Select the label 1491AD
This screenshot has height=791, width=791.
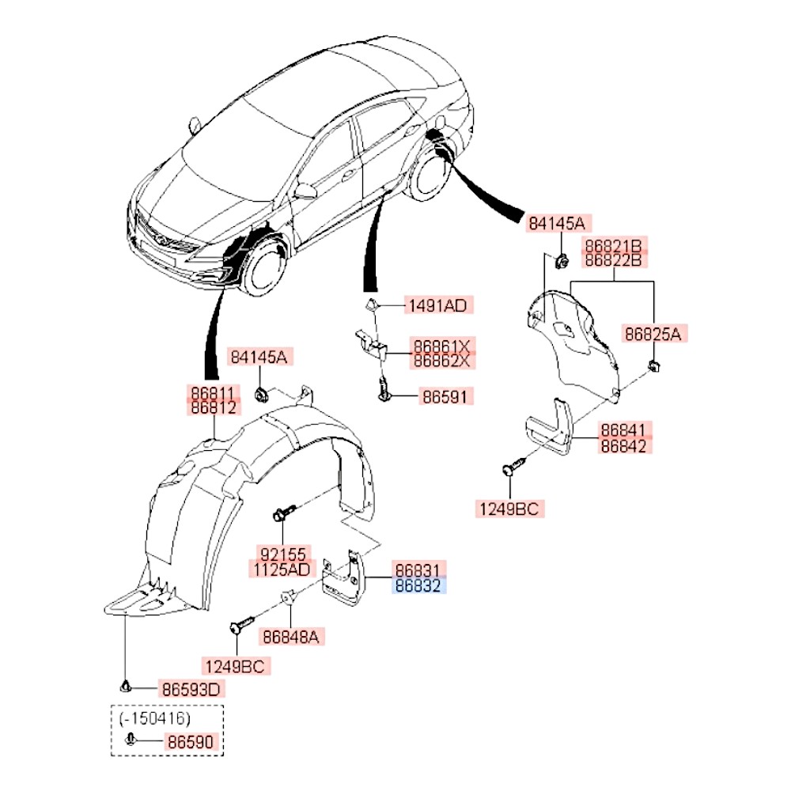437,305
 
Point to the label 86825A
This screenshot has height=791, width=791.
653,333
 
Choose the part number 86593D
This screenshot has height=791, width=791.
191,689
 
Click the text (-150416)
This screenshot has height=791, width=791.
155,718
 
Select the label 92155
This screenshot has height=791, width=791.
282,552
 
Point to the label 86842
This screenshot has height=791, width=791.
624,446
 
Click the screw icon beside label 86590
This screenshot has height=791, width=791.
130,741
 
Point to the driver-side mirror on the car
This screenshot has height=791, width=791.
305,191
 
